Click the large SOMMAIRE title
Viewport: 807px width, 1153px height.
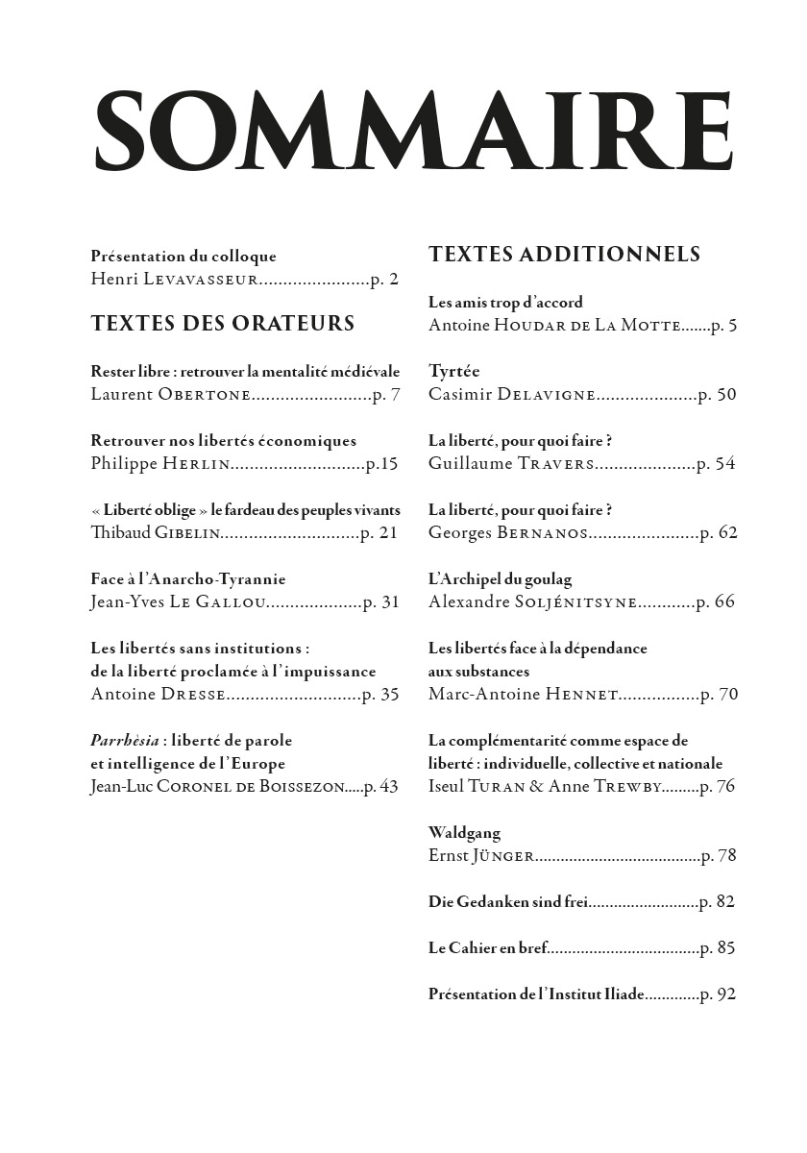tap(414, 132)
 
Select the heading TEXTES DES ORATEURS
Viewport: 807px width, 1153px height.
tap(223, 324)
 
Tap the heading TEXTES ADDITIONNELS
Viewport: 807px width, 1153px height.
tap(564, 255)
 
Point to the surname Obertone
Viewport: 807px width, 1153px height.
tap(205, 395)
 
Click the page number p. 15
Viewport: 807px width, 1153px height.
tap(381, 464)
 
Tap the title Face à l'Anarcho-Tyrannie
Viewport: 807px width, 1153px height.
tap(188, 579)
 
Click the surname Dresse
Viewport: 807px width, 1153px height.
tap(192, 695)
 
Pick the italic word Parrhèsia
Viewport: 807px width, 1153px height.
tap(124, 741)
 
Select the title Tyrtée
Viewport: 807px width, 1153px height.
tap(454, 371)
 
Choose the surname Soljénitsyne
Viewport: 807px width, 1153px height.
tap(575, 602)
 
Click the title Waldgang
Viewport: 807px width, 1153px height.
tap(464, 833)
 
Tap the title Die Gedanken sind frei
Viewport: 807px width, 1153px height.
tap(507, 902)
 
